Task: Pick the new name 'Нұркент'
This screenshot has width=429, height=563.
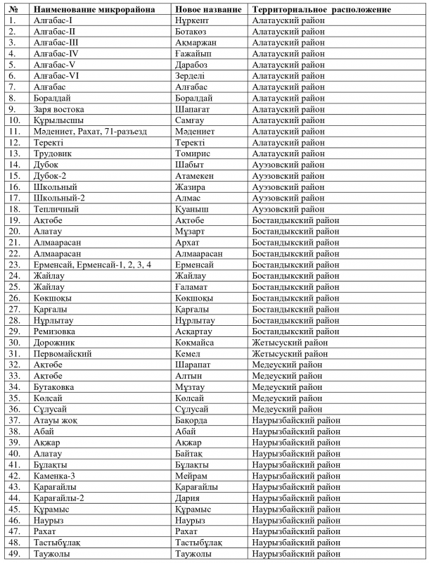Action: [x=193, y=20]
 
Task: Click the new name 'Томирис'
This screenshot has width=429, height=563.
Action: [x=193, y=153]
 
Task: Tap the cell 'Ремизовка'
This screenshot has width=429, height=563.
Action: [x=56, y=330]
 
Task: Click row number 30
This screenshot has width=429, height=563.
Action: [x=13, y=341]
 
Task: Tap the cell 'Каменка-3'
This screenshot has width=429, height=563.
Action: [x=56, y=475]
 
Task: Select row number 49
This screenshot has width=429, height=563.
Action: [x=13, y=552]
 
